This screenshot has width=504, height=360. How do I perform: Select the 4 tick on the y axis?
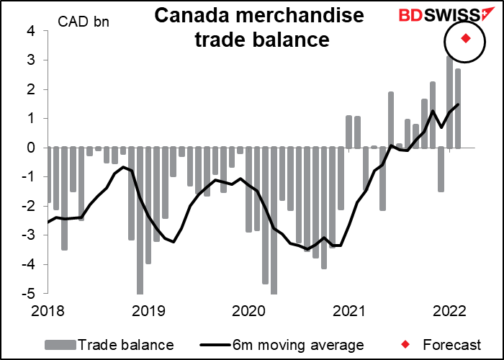tap(32, 31)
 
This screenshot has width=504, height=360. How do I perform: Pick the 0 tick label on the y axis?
tap(32, 148)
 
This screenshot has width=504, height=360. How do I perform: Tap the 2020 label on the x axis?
tap(248, 310)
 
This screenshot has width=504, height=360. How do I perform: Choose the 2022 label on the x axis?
tap(449, 310)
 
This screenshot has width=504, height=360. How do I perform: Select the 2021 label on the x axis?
tap(348, 310)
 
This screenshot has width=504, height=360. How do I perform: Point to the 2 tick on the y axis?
tap(32, 89)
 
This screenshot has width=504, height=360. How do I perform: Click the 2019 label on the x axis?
tap(148, 310)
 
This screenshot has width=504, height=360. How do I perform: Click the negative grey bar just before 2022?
tap(441, 169)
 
